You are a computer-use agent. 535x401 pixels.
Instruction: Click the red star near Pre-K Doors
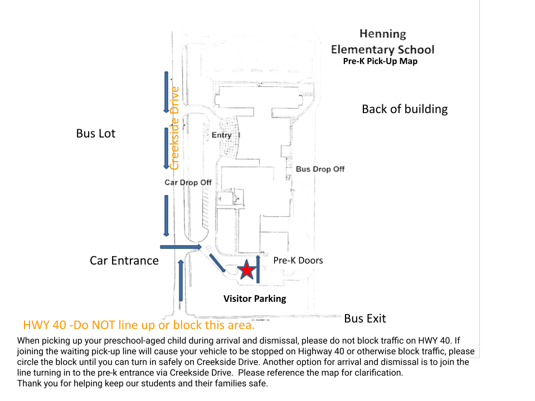pyautogui.click(x=246, y=270)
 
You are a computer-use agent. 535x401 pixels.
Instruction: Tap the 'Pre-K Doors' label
pyautogui.click(x=298, y=260)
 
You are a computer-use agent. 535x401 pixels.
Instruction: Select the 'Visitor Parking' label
pyautogui.click(x=255, y=299)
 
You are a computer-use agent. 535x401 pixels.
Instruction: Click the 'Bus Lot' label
pyautogui.click(x=96, y=134)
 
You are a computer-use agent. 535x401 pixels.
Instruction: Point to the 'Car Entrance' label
pyautogui.click(x=124, y=261)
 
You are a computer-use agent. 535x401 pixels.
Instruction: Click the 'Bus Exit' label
pyautogui.click(x=365, y=319)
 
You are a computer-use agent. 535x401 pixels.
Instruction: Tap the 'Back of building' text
pyautogui.click(x=405, y=109)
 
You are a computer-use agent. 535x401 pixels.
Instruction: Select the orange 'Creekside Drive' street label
pyautogui.click(x=175, y=128)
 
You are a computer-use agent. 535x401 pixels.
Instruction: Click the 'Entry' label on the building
pyautogui.click(x=221, y=135)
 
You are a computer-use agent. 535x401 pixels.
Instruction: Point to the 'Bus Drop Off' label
pyautogui.click(x=320, y=169)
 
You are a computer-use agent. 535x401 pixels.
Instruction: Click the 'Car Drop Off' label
pyautogui.click(x=188, y=183)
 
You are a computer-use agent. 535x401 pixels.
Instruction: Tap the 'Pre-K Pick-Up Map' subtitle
pyautogui.click(x=380, y=61)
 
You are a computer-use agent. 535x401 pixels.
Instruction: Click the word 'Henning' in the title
pyautogui.click(x=383, y=34)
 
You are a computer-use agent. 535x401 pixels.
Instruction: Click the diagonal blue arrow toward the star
pyautogui.click(x=217, y=263)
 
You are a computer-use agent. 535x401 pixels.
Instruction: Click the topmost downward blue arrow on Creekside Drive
pyautogui.click(x=166, y=92)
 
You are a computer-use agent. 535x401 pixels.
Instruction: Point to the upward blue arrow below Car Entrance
pyautogui.click(x=181, y=280)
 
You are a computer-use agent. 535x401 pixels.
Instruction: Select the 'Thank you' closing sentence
pyautogui.click(x=143, y=383)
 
